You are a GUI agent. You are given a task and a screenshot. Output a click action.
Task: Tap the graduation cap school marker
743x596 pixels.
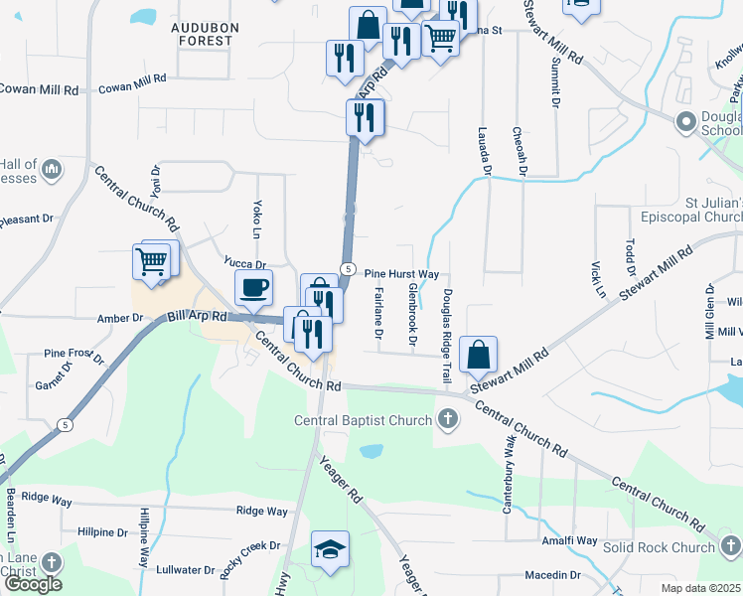[x=329, y=549]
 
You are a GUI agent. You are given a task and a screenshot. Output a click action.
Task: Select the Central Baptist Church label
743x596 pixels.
[x=363, y=420]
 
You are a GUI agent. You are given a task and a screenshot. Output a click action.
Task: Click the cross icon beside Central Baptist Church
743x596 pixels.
[x=447, y=420]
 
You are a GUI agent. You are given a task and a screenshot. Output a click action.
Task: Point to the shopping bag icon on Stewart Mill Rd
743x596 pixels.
[x=478, y=354]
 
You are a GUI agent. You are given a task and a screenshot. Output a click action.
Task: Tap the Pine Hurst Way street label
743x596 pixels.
[x=401, y=273]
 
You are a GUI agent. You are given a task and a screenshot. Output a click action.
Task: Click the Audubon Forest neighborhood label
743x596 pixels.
[x=202, y=34]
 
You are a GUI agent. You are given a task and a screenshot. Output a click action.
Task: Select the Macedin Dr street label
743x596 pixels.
[x=552, y=575]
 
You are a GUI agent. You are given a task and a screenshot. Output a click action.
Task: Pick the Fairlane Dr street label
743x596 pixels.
[x=380, y=309]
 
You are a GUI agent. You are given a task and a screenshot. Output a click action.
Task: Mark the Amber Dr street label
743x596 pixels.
[x=120, y=318]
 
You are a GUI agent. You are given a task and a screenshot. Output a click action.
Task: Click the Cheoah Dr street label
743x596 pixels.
[x=519, y=151]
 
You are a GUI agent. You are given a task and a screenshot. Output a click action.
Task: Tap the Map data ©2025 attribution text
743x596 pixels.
[x=701, y=588]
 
